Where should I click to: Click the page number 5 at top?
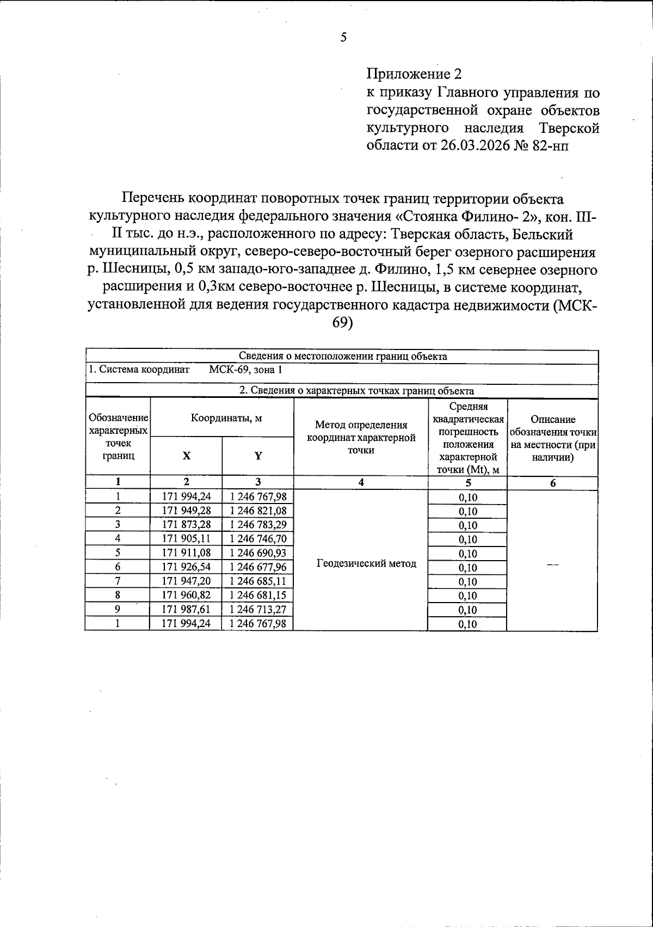(343, 37)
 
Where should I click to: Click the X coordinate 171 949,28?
(186, 511)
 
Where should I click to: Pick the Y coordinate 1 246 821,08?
(258, 511)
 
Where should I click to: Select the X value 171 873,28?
(186, 525)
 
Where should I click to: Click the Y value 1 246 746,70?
(258, 539)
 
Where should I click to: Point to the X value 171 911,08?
(186, 553)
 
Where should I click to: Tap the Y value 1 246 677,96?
(258, 567)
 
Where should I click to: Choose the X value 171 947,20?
(186, 581)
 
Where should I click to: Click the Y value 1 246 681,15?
(258, 596)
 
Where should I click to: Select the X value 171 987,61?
(186, 610)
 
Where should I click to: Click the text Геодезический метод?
(366, 563)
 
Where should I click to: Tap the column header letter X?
(186, 456)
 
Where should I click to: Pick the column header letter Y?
(258, 456)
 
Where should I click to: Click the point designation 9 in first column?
(117, 610)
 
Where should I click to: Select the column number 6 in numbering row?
(552, 483)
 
